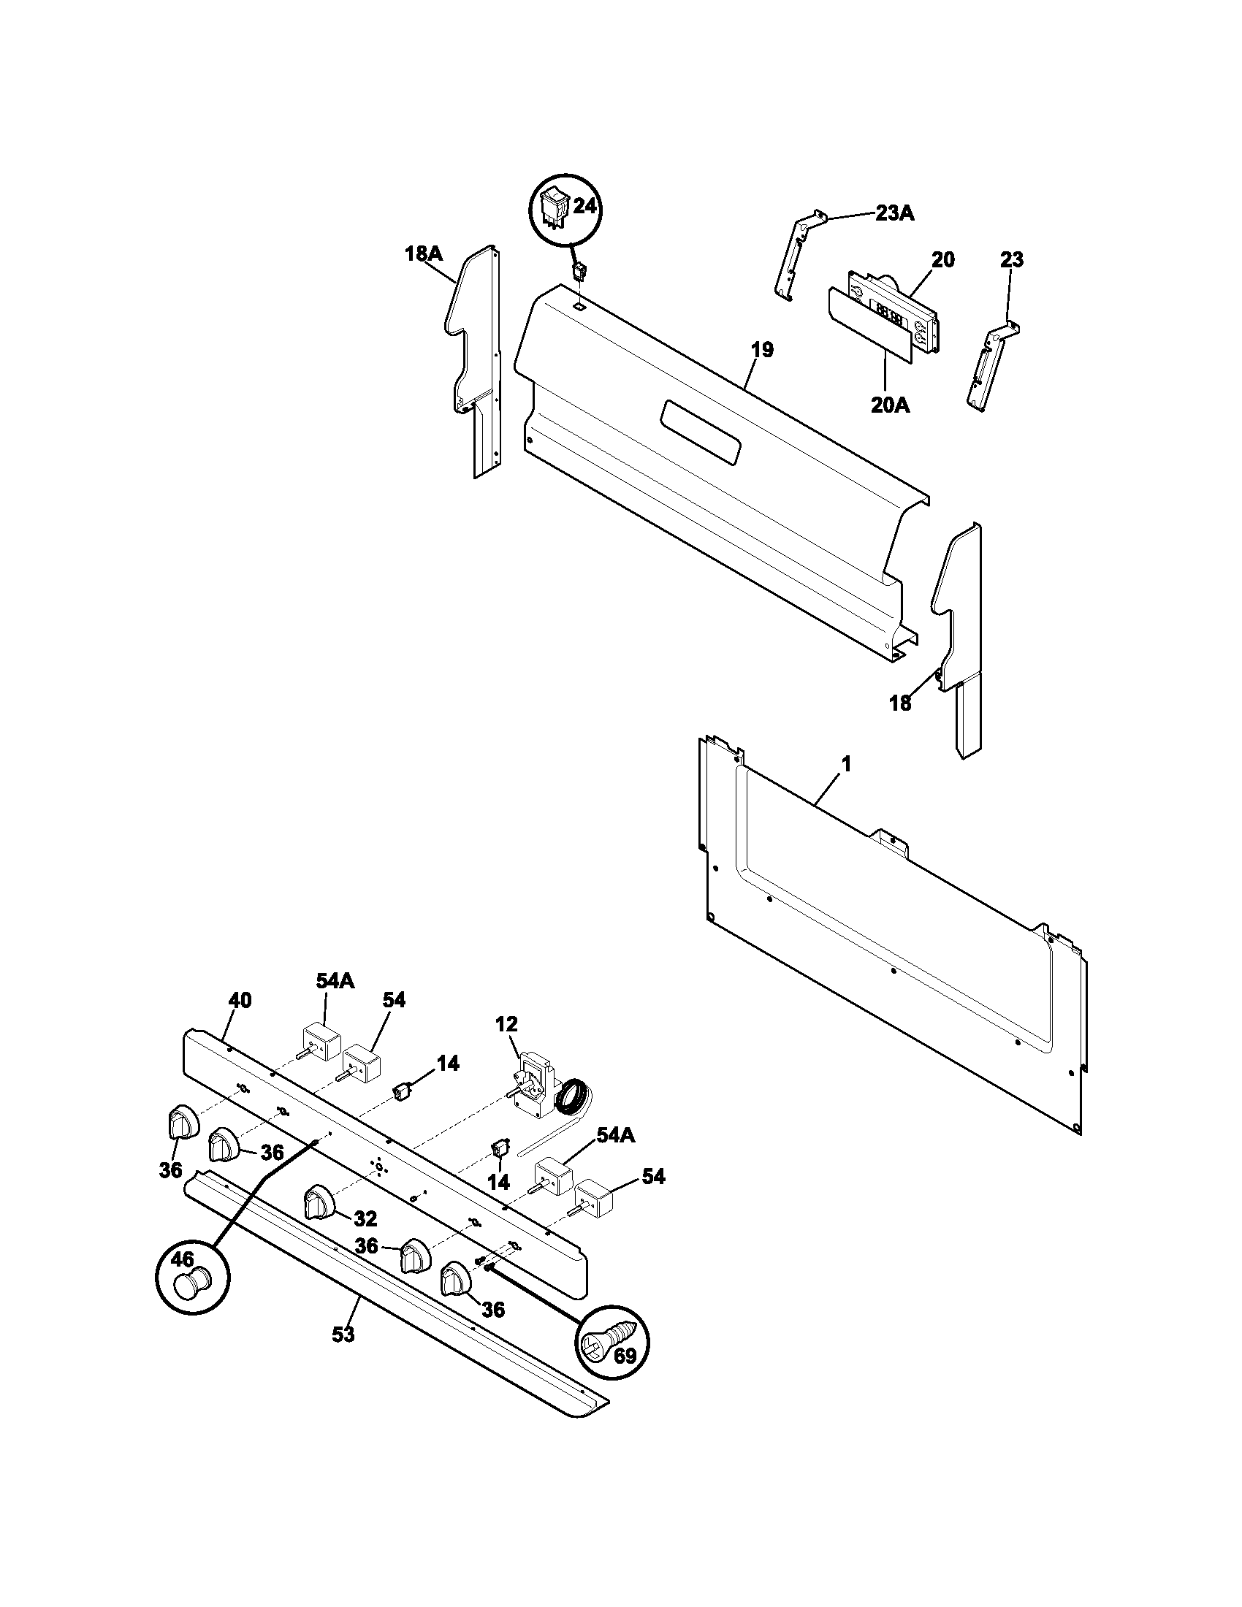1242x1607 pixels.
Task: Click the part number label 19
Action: [x=763, y=349]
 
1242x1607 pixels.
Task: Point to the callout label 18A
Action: [x=423, y=254]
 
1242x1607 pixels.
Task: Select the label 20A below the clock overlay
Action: [x=891, y=405]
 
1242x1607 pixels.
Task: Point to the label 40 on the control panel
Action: [x=240, y=1000]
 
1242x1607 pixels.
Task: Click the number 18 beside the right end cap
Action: [x=900, y=703]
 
